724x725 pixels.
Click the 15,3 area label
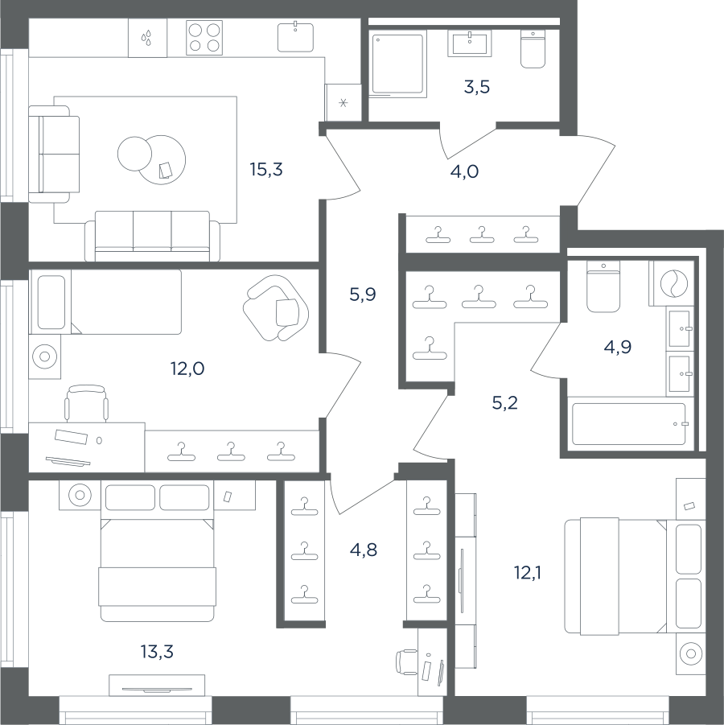tap(266, 170)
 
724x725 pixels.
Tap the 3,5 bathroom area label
tap(477, 86)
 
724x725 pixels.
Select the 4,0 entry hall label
tap(464, 171)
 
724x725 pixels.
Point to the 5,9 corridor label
tap(363, 294)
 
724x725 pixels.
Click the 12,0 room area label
tap(187, 369)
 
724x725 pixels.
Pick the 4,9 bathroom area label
tap(618, 346)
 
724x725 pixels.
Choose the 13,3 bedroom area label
tap(157, 652)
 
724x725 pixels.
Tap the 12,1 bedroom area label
tap(527, 573)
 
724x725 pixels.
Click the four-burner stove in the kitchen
tap(204, 38)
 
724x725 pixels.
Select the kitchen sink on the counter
tap(295, 36)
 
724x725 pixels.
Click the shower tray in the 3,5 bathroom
tap(398, 64)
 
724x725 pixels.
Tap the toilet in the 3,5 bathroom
tap(533, 49)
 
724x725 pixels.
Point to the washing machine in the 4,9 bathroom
tap(671, 283)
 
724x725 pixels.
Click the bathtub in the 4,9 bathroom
tap(629, 424)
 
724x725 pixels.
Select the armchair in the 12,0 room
tap(277, 307)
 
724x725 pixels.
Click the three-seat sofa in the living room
tap(152, 237)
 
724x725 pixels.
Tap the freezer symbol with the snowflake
tap(343, 103)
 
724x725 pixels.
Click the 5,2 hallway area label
tap(504, 403)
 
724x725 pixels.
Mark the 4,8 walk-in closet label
tap(364, 550)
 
